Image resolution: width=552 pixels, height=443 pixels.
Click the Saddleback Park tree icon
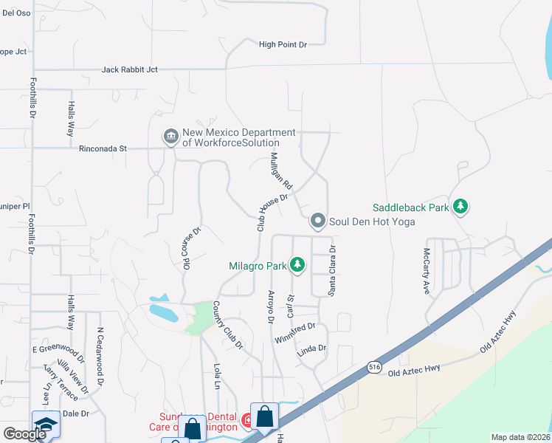pyautogui.click(x=460, y=207)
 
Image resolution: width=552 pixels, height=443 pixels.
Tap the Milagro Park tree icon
pyautogui.click(x=297, y=264)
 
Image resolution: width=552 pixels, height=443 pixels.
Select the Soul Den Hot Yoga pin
pyautogui.click(x=318, y=221)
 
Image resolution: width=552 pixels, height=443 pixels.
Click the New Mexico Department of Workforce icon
pyautogui.click(x=170, y=137)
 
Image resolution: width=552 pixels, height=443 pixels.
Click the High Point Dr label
pyautogui.click(x=283, y=45)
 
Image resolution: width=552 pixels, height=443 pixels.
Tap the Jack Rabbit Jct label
pyautogui.click(x=130, y=70)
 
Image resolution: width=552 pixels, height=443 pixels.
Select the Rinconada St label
pyautogui.click(x=103, y=148)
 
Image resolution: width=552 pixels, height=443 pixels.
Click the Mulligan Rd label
pyautogui.click(x=282, y=171)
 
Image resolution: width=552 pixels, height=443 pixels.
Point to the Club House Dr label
pyautogui.click(x=272, y=213)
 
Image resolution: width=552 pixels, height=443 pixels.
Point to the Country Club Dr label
pyautogui.click(x=227, y=325)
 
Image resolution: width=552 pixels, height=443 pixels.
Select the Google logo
pyautogui.click(x=24, y=434)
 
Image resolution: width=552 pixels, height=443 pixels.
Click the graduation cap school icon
pyautogui.click(x=46, y=425)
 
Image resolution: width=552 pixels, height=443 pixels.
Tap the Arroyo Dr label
pyautogui.click(x=269, y=306)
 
